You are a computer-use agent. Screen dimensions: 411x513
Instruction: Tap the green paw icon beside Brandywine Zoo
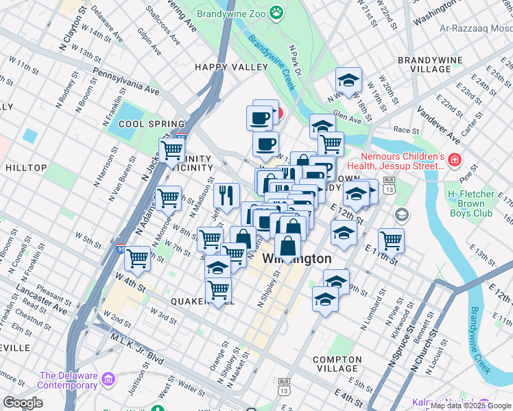point(276,12)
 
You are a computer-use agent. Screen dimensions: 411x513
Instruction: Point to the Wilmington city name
point(296,260)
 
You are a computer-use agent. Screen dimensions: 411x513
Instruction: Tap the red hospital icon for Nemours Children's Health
point(454,160)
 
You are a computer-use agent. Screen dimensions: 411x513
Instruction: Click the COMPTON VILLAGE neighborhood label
point(336,360)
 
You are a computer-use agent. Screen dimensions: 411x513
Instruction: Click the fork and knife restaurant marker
point(225,195)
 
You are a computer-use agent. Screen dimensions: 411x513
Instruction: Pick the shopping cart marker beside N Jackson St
point(171,149)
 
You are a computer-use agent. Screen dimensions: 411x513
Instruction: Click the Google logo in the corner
point(23,403)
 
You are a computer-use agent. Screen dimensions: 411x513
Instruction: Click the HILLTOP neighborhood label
point(25,167)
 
